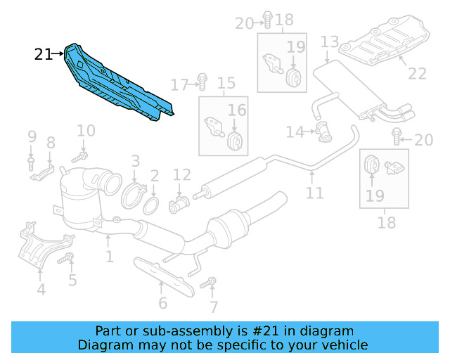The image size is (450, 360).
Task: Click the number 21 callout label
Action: pos(44,54)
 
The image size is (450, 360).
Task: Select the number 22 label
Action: pos(417,73)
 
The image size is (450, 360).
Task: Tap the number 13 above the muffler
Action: pos(330,43)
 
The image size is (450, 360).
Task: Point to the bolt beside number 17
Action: pos(201,83)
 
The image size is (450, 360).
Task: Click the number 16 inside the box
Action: pos(237,110)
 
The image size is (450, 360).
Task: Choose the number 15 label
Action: pos(226,85)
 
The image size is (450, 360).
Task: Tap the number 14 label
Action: pos(294,131)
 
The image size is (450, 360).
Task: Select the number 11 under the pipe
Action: pos(314,192)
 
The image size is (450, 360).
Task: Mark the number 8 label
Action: pos(51,143)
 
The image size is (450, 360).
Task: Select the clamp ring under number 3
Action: pos(136,195)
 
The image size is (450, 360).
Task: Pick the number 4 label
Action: pos(41,289)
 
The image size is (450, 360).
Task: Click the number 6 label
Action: pos(162,304)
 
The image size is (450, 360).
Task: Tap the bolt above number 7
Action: pos(209,284)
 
